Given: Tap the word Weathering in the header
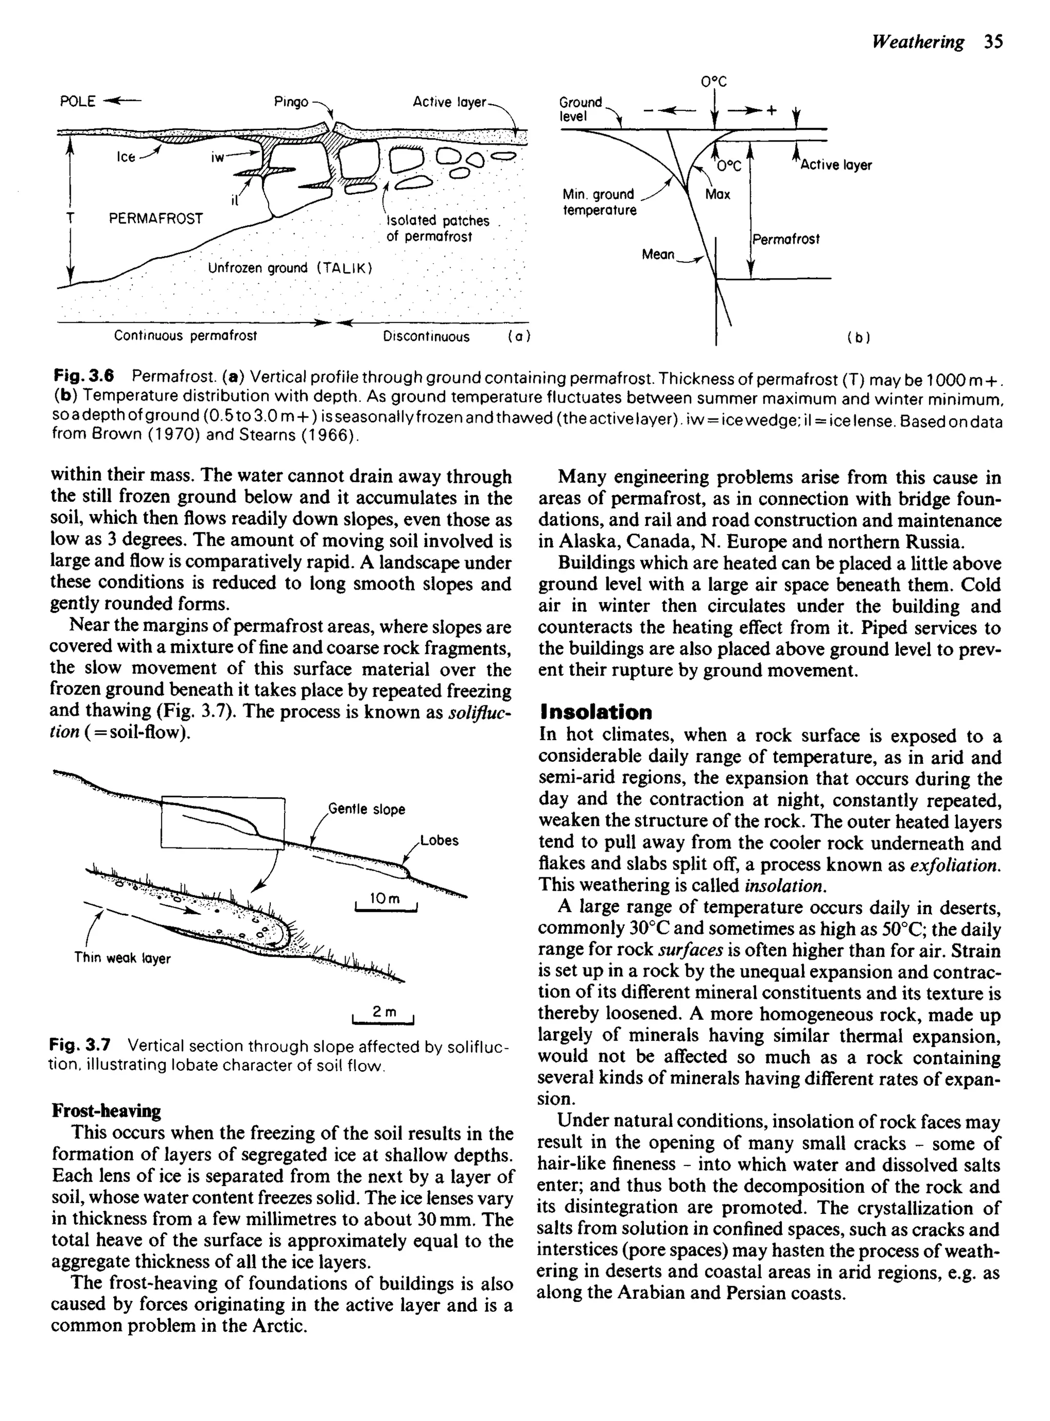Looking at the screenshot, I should click(x=918, y=42).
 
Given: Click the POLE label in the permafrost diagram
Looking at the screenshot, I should click(x=77, y=102).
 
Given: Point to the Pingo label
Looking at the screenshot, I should click(x=291, y=102).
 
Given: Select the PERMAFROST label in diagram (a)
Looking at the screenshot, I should click(x=156, y=219).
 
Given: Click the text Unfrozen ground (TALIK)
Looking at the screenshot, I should click(x=290, y=268).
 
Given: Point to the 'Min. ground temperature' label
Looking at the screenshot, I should click(x=599, y=202).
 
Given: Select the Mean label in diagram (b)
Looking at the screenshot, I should click(x=658, y=254).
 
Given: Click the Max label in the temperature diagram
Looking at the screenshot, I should click(x=718, y=194).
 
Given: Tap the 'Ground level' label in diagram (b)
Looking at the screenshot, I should click(x=580, y=109).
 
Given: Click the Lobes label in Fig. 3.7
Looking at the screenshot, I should click(x=439, y=840).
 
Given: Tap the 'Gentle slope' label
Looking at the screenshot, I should click(x=366, y=810).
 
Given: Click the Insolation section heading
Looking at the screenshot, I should click(x=596, y=712).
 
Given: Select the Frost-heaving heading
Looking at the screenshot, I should click(x=106, y=1111).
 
